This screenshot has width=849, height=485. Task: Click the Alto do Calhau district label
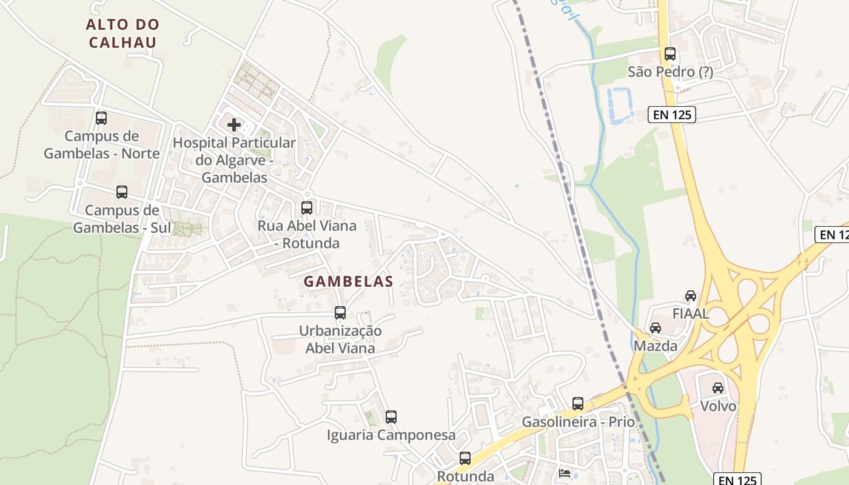pos(122,33)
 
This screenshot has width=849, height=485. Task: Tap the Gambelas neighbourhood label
pos(349,281)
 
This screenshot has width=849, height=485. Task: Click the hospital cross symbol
pos(234,125)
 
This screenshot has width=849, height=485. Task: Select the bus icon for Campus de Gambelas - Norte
pos(101,118)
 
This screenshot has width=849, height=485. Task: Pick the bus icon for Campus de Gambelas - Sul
pos(122,192)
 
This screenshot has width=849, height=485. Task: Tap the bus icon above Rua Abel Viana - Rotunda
pos(307,207)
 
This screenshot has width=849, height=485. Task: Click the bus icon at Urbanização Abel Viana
pos(340,313)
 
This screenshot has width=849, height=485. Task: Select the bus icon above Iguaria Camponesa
pos(391,417)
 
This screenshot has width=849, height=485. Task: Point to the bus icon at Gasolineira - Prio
pos(578,403)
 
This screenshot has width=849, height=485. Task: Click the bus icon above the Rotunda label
pos(465,458)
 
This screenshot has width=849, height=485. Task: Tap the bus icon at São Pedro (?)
pos(670,53)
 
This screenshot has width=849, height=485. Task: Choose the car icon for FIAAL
pos(691,296)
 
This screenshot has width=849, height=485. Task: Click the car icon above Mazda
pos(656,328)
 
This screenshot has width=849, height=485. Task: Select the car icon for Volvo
pos(718,388)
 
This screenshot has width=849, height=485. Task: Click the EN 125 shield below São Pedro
pos(671,114)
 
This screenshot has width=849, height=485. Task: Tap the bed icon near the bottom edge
pos(565,473)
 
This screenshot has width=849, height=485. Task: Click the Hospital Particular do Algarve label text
pos(234,160)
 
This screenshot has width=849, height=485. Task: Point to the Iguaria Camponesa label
pos(391,435)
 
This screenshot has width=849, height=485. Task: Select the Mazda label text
pos(656,346)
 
